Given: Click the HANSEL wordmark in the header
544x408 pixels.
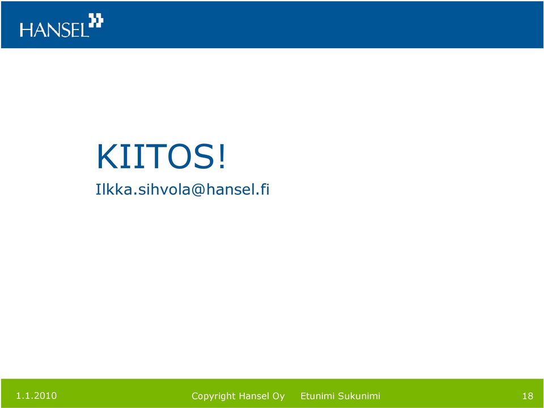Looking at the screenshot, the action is tap(54, 30).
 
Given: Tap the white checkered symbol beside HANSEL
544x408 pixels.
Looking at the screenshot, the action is tap(96, 20).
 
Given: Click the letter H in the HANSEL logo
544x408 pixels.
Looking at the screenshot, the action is tap(26, 30).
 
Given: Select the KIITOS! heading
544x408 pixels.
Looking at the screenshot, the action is tap(161, 157).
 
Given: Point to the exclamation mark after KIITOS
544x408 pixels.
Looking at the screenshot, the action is tap(222, 157).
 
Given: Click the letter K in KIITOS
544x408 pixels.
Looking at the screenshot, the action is tap(107, 157).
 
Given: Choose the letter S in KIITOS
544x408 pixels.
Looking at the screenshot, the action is tap(205, 157).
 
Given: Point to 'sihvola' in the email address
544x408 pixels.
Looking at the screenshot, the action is tap(164, 189).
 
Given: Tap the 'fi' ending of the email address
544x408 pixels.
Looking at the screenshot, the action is tap(265, 189).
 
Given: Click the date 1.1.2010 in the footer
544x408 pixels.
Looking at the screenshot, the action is tap(36, 396).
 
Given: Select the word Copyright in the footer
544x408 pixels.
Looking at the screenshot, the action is tap(214, 396).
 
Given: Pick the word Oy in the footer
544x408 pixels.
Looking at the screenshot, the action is tap(279, 397).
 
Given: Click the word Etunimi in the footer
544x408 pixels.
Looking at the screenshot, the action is tap(317, 396).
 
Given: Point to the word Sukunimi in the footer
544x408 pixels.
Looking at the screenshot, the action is tap(359, 396).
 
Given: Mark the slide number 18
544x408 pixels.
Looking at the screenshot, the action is tap(528, 396).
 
